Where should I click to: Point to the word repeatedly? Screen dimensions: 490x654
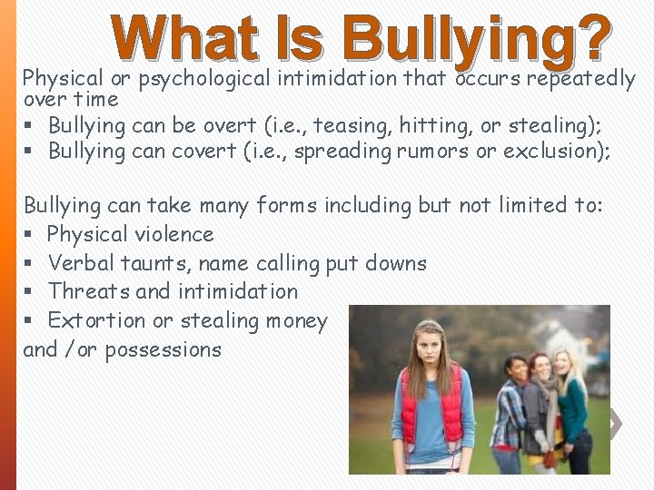(581, 79)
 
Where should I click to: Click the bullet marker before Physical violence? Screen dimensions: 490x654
(29, 235)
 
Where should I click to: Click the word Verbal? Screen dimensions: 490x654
(77, 263)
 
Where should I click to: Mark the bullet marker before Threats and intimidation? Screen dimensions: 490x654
(29, 292)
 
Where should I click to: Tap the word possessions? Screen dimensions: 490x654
(163, 349)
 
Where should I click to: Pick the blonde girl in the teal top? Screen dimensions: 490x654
(571, 408)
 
